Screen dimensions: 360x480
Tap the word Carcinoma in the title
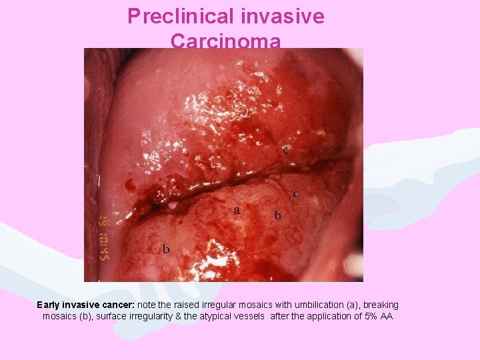[225, 41]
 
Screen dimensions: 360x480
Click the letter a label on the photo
[237, 210]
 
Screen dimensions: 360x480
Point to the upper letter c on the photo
[285, 150]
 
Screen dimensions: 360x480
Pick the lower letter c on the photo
[295, 194]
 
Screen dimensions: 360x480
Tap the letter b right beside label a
[278, 215]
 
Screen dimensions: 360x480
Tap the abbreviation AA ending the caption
[387, 316]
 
